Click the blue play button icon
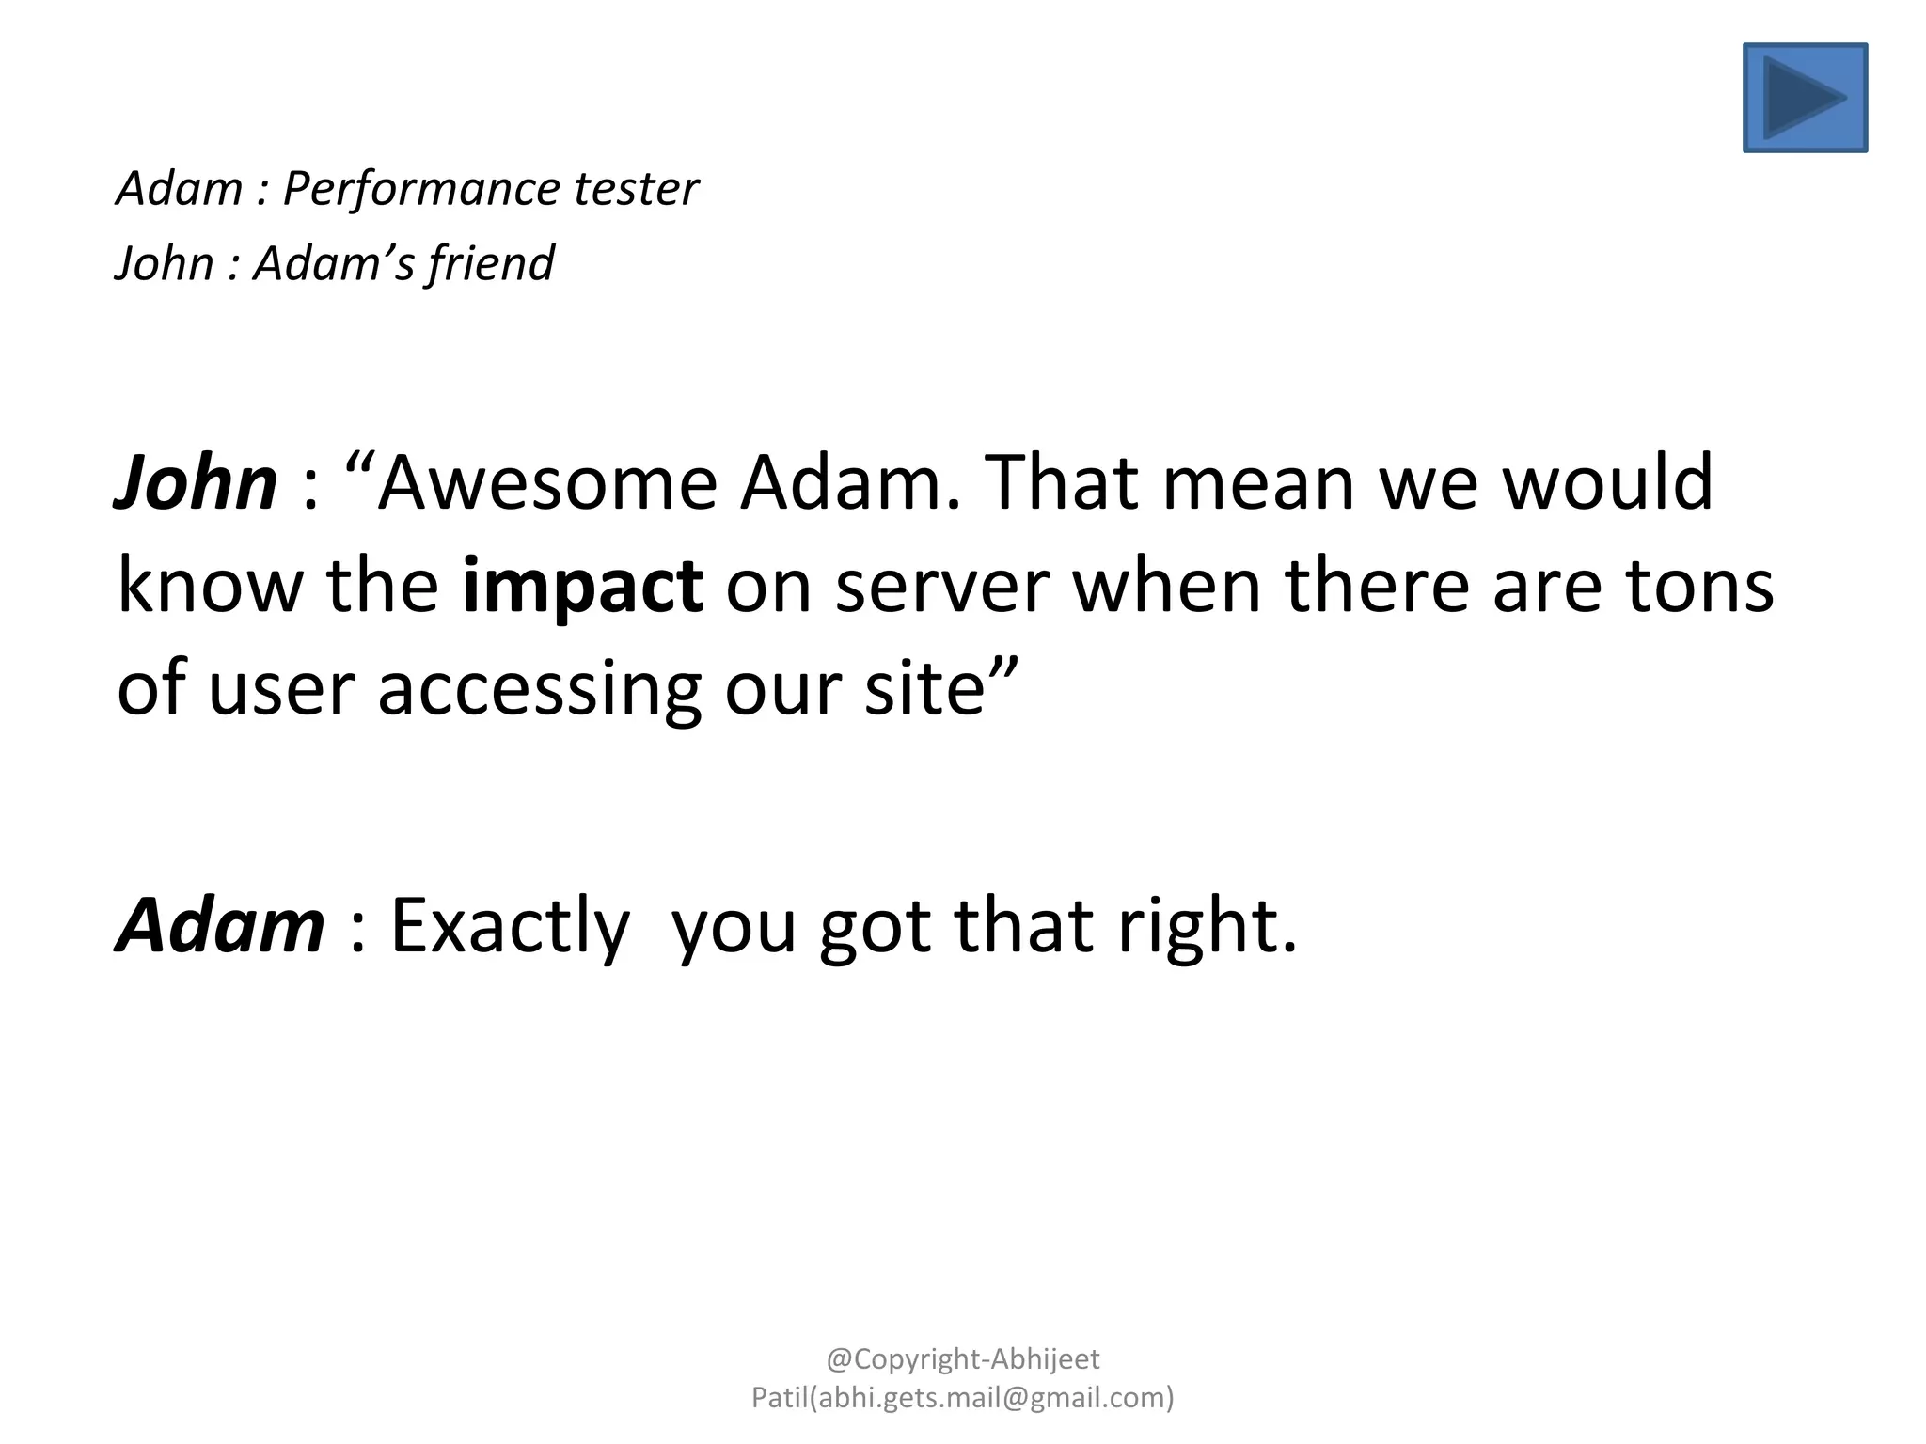click(1805, 98)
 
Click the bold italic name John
click(196, 482)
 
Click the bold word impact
click(583, 585)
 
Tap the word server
click(941, 585)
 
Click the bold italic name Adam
click(220, 925)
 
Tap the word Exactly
click(510, 925)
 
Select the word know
click(210, 585)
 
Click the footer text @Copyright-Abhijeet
click(963, 1358)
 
